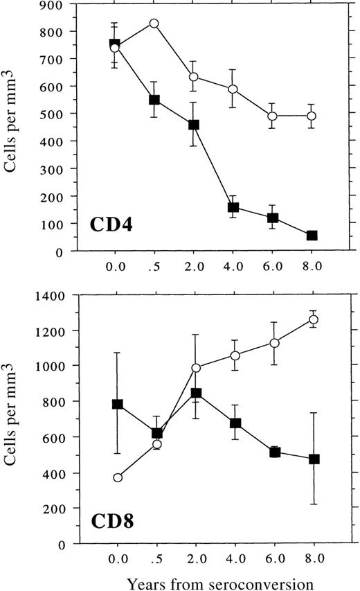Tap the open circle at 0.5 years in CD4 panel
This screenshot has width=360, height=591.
pos(154,24)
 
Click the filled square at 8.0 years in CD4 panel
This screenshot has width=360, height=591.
pos(312,236)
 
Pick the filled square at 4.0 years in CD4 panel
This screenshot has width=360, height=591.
pos(233,207)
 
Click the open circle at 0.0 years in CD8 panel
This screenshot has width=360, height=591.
pos(118,477)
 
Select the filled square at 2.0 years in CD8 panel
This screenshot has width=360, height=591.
pos(195,393)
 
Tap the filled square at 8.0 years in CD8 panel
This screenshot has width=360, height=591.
pos(314,459)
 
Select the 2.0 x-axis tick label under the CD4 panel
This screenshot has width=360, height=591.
pos(195,266)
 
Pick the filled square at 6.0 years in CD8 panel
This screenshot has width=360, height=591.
pos(274,452)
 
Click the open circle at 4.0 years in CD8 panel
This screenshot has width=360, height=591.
pos(235,355)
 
